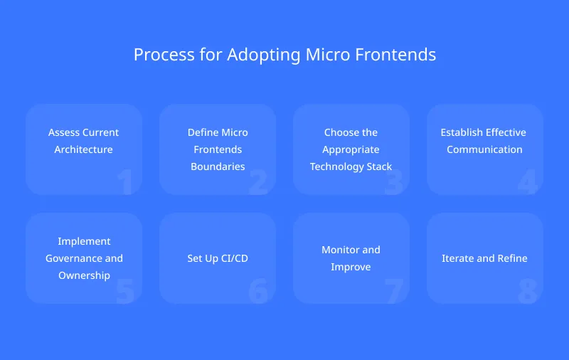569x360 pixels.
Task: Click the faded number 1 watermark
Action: point(125,182)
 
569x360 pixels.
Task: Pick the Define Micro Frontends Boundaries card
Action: point(218,149)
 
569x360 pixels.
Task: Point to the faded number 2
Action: point(258,182)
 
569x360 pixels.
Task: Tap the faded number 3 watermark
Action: point(393,182)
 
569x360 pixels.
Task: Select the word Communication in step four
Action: point(484,149)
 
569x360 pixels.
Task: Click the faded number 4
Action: point(526,182)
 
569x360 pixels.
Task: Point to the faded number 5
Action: point(125,291)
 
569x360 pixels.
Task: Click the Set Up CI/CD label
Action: point(218,258)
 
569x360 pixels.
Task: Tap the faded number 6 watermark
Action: point(258,291)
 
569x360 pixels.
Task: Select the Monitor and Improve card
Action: point(351,258)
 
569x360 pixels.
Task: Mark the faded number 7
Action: point(393,291)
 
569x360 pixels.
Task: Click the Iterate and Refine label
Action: point(484,258)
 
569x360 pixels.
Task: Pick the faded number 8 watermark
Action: point(526,291)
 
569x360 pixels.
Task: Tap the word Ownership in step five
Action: point(84,275)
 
